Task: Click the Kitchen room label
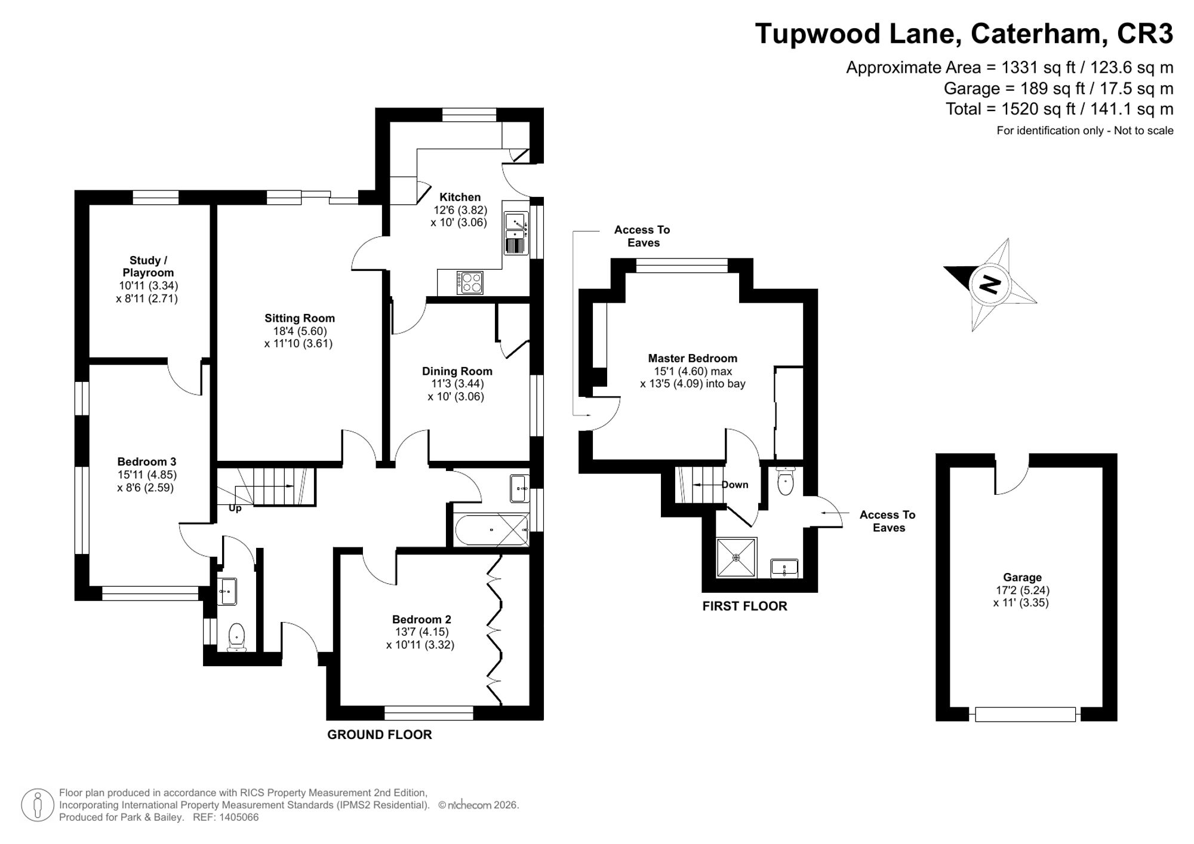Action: point(460,198)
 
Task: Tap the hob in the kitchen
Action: point(470,282)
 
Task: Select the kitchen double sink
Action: point(516,233)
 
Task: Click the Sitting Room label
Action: point(300,319)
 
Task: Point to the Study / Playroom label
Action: point(148,266)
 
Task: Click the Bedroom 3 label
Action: point(147,462)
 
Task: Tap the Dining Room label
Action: point(457,371)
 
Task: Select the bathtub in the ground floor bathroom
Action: point(491,530)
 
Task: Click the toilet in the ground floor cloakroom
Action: point(237,637)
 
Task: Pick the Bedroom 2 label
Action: point(421,620)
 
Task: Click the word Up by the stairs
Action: point(235,508)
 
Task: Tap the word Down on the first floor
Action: point(735,485)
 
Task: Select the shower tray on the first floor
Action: point(736,557)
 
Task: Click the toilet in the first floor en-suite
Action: point(786,482)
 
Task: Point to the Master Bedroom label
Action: point(693,359)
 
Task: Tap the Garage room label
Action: point(1022,578)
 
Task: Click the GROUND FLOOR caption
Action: point(380,735)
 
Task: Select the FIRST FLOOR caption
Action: point(744,606)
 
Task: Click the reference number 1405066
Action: point(238,818)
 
